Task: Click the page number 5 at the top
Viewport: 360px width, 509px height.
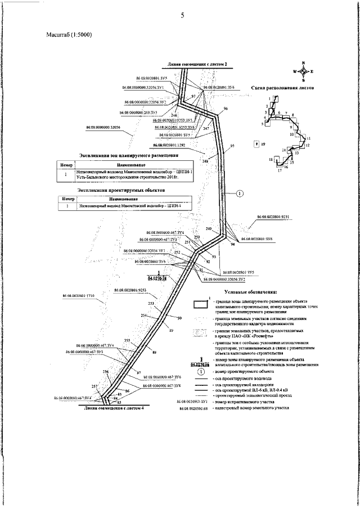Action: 182,15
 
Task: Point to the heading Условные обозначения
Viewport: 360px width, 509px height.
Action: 250,292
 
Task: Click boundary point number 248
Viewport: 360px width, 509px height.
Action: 204,162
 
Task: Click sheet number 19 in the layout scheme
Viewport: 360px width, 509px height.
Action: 263,144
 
